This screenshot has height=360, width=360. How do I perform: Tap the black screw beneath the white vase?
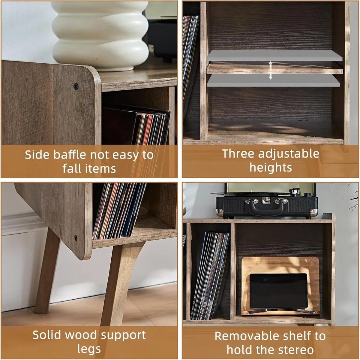(x=76, y=86)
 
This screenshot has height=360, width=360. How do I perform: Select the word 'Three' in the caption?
(x=238, y=153)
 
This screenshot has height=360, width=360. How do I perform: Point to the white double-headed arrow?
(x=270, y=70)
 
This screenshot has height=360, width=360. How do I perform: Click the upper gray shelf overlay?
(x=274, y=56)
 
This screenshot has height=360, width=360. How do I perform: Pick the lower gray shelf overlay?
(x=274, y=80)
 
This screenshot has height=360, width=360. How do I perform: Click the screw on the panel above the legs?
(x=75, y=238)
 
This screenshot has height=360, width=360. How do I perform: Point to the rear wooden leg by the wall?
(x=48, y=273)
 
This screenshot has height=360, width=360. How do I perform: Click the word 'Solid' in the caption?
(x=46, y=335)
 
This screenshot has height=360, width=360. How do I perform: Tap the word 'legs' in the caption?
(x=89, y=349)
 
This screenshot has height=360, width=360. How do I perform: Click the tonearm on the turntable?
(x=295, y=192)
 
